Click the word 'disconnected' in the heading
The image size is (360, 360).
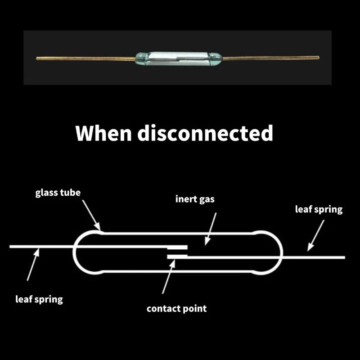205,133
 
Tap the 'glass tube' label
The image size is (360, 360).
58,193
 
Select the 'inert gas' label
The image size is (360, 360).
195,198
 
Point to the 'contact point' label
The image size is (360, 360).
177,309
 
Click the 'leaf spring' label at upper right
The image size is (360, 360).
319,209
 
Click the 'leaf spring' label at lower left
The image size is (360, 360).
39,299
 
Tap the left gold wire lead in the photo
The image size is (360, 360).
85,58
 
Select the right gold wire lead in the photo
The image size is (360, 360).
270,57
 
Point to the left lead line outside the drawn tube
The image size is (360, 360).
40,247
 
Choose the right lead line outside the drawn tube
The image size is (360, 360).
315,257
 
